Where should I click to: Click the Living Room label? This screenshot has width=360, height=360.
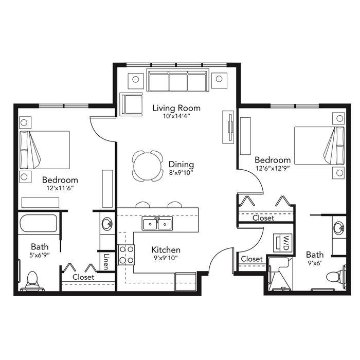tap(176, 108)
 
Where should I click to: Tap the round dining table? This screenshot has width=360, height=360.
tap(148, 166)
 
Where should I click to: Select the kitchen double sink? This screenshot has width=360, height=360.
tap(157, 224)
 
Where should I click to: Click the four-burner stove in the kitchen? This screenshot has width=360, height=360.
tap(126, 255)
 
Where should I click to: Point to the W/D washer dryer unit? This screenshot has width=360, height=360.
tap(282, 243)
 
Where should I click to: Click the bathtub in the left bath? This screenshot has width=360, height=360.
tap(39, 223)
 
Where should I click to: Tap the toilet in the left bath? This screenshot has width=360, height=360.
tap(32, 281)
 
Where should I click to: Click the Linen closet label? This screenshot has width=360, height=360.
tap(106, 261)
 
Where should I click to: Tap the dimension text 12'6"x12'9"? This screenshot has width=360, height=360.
tap(273, 168)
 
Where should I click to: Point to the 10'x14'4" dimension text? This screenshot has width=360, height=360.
tap(176, 116)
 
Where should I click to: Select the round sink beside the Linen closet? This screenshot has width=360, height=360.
tap(107, 224)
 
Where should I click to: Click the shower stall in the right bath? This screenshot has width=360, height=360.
tap(280, 274)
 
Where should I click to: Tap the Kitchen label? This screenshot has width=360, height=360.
tap(166, 249)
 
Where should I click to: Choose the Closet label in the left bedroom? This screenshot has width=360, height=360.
tap(83, 277)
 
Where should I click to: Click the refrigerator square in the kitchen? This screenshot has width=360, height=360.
tap(185, 281)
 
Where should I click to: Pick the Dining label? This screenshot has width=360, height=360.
tap(181, 165)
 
